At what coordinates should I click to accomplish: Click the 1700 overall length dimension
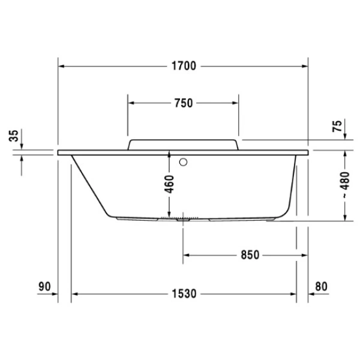click(183, 66)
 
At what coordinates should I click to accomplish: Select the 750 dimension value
click(183, 103)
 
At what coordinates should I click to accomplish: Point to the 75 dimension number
click(337, 126)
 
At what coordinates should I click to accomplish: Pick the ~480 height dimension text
click(344, 185)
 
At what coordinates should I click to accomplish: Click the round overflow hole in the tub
click(184, 161)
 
